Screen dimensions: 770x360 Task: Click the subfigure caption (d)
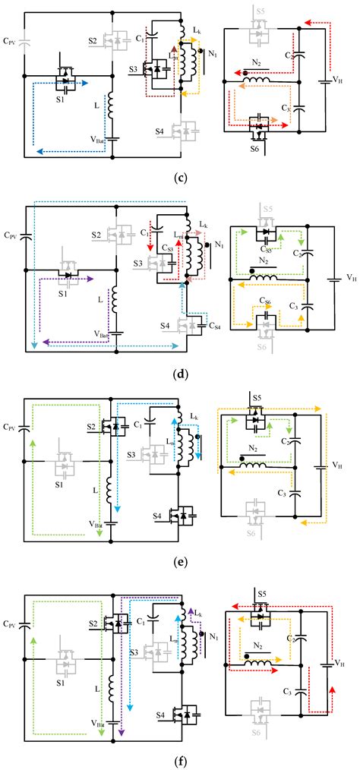tap(180, 372)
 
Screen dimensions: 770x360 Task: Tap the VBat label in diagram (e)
tap(95, 523)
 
